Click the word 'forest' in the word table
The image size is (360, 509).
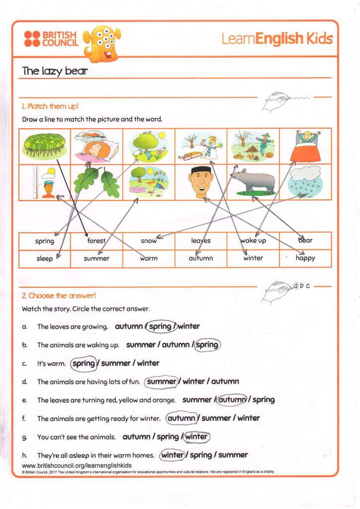96,241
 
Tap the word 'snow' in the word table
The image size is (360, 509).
149,241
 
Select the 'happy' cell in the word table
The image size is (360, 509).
305,258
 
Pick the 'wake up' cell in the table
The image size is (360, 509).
253,241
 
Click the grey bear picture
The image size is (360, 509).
254,181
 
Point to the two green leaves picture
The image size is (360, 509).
97,181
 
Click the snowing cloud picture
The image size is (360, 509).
305,181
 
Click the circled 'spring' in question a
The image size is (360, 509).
160,327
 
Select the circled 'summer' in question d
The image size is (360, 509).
162,382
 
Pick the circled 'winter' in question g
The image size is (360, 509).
196,437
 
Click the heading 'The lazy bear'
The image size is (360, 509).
55,71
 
